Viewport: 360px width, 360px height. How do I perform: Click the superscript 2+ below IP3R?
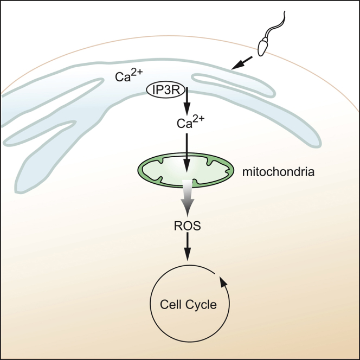pos(198,119)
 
